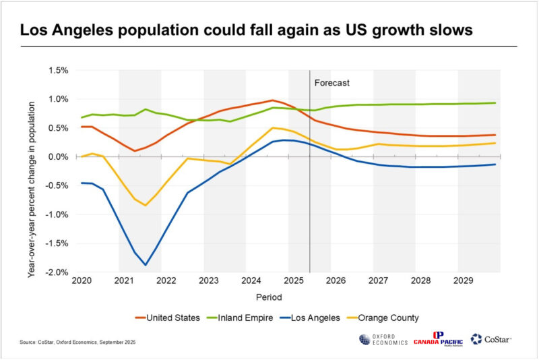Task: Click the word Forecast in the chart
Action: (333, 83)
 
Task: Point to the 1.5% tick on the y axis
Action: (59, 70)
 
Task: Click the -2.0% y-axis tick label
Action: (57, 272)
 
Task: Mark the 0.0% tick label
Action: (59, 157)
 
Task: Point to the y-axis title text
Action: (32, 172)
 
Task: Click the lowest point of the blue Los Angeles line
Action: (145, 265)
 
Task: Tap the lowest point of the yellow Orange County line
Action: (145, 205)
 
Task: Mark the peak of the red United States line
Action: (272, 100)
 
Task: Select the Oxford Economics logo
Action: (383, 340)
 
